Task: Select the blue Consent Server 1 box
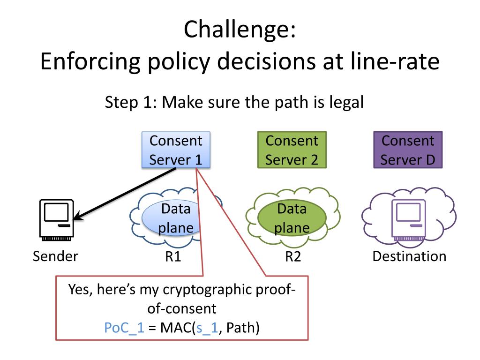176,150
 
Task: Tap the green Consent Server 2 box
292,150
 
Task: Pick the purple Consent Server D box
408,150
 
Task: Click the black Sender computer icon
57,220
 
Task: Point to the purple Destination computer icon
409,220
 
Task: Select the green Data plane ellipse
292,218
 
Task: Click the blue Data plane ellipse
172,218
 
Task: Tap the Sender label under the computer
55,256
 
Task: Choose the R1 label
173,256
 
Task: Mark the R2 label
293,256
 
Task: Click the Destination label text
409,256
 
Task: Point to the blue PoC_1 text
124,328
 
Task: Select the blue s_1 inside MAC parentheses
207,328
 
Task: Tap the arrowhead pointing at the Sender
78,216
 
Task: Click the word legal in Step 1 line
346,103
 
